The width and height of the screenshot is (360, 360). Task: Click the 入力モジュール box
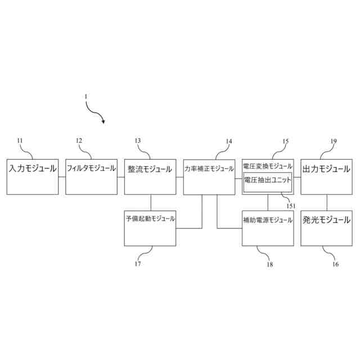33,177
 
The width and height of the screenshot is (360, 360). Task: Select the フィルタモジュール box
91,177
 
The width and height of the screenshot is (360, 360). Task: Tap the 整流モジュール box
150,177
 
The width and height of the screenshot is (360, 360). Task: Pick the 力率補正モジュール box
209,177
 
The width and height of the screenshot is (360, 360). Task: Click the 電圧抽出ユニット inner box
268,182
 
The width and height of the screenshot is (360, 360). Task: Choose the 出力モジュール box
327,177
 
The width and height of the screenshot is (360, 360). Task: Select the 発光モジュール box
327,228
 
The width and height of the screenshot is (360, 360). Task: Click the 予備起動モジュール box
150,228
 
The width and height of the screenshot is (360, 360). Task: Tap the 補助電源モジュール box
268,228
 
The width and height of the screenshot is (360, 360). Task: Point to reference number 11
20,141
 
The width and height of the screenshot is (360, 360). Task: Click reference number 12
79,141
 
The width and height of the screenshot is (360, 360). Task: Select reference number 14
229,141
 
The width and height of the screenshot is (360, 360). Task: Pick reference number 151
291,206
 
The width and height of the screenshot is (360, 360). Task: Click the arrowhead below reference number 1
103,120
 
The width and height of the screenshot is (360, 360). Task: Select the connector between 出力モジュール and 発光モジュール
327,202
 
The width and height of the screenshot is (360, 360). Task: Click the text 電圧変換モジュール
268,166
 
